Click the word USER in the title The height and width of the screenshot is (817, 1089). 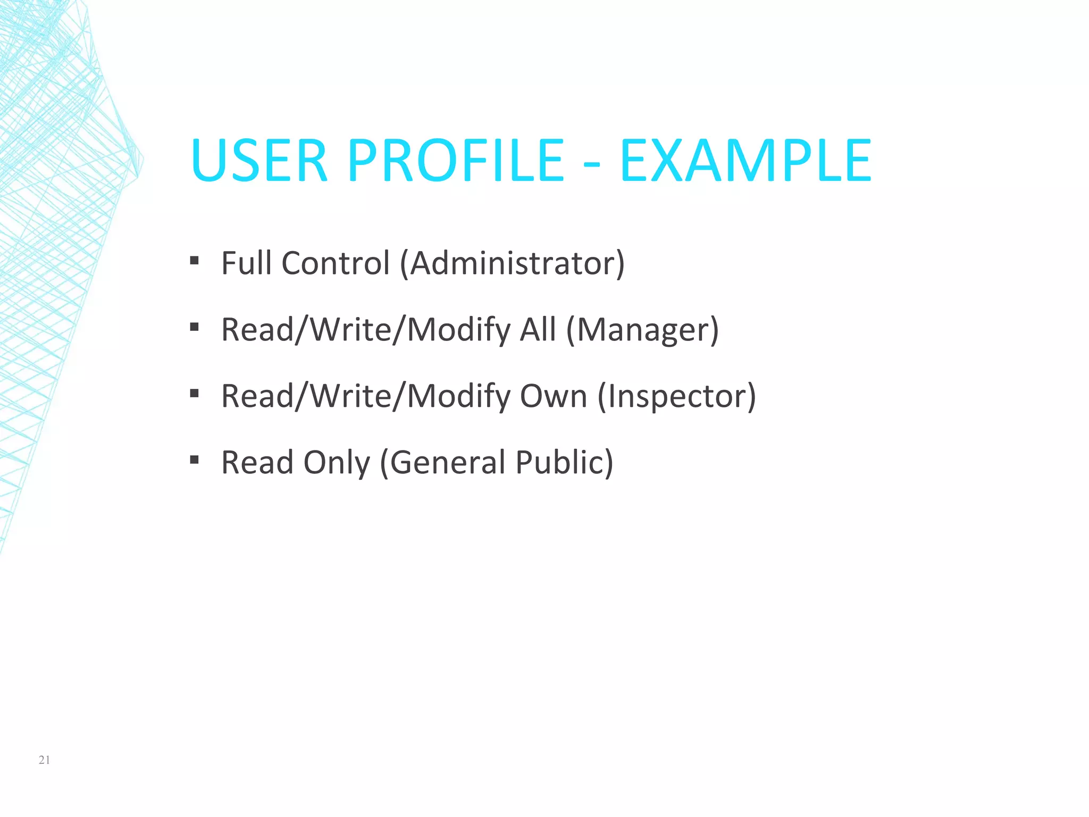(259, 161)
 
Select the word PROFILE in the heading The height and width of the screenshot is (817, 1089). (456, 161)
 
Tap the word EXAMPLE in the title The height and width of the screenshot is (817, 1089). (745, 161)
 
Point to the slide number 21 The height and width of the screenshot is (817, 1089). (45, 760)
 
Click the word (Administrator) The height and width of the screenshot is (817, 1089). (512, 263)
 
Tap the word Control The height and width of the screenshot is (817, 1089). (336, 263)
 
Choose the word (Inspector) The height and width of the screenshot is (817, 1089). (676, 396)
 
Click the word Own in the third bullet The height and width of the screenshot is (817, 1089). (554, 396)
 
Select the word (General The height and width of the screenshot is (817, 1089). (442, 463)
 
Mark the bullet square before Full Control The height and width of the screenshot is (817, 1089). (194, 261)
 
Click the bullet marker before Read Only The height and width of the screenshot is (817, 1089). (194, 460)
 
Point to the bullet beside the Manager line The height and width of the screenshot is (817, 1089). (194, 327)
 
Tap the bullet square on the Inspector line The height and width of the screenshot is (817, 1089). (194, 394)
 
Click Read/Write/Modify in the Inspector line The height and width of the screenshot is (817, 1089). (366, 396)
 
